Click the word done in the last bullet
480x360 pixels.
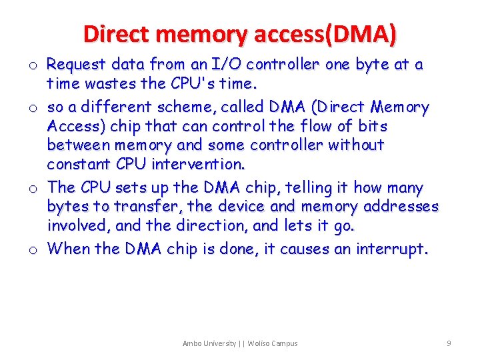(x=237, y=249)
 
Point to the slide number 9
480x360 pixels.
(x=449, y=343)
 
